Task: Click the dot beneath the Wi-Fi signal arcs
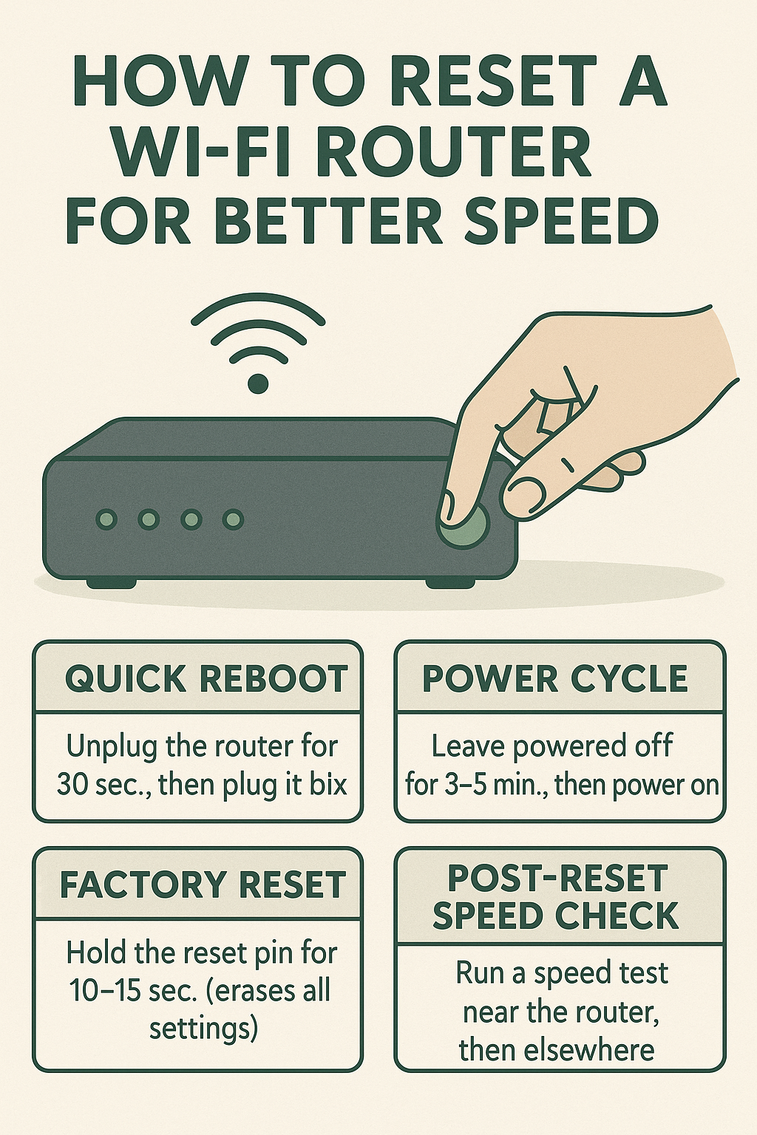tap(258, 384)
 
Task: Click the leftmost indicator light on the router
tap(107, 519)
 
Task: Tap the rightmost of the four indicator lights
tap(234, 519)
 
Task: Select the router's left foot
tap(111, 583)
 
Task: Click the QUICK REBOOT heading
tap(206, 679)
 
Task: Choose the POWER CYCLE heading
tap(555, 679)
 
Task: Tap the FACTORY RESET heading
tap(203, 885)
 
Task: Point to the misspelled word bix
tap(327, 784)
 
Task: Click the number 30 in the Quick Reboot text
tap(72, 784)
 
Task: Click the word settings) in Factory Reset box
tap(203, 1029)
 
